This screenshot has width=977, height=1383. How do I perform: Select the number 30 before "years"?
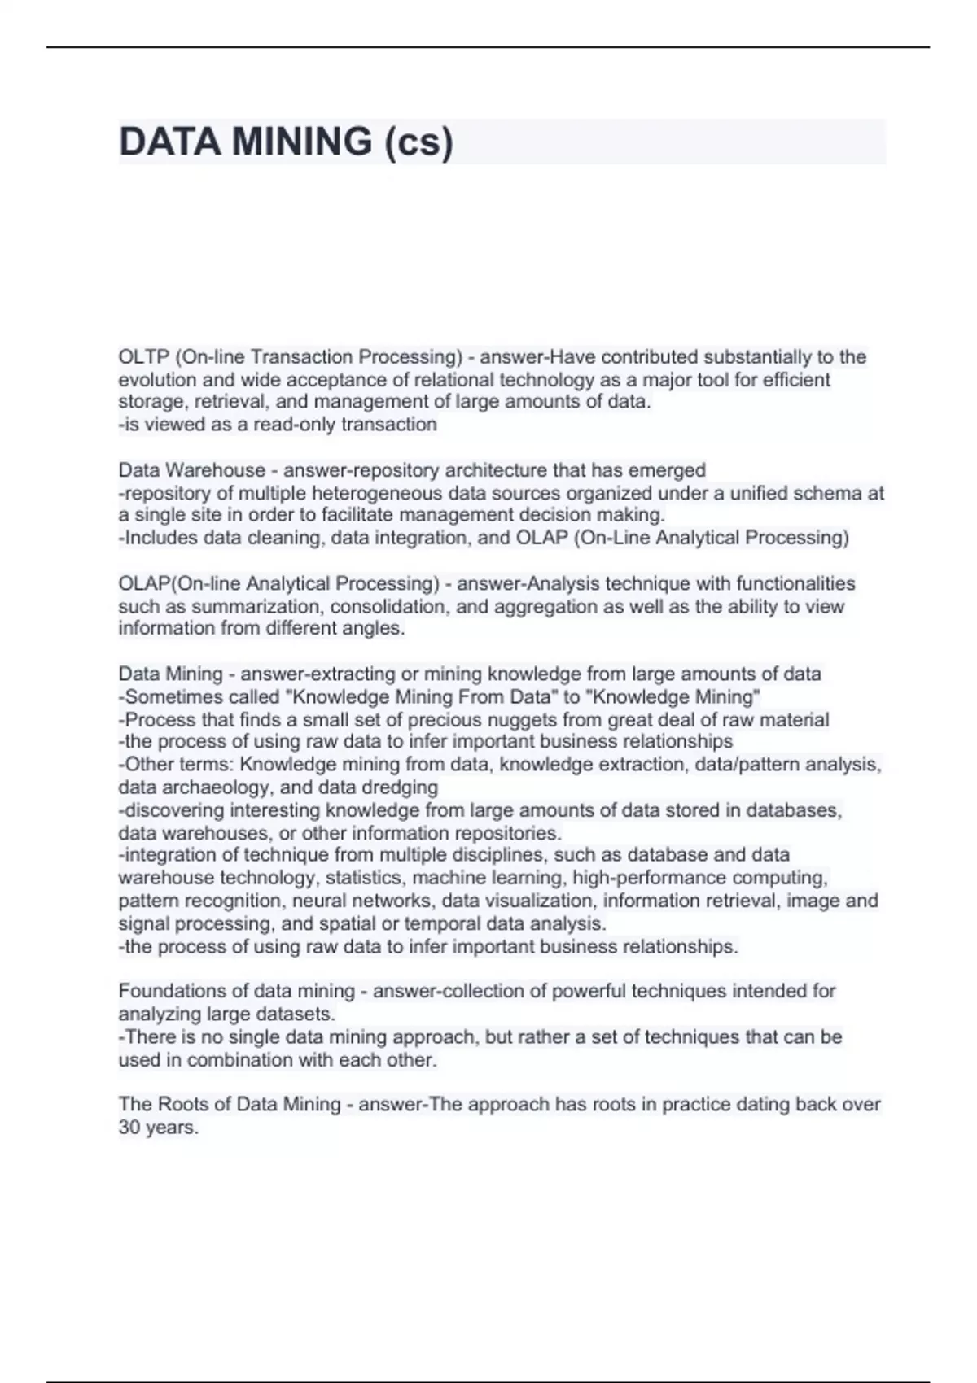tap(129, 1128)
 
